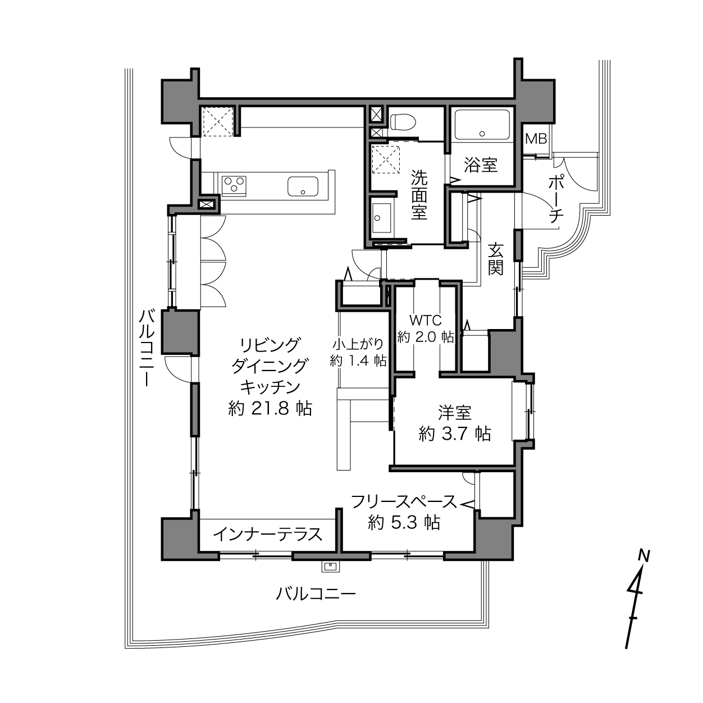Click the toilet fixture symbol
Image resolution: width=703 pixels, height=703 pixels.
pos(403,122)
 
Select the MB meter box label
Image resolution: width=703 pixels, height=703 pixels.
pos(536,139)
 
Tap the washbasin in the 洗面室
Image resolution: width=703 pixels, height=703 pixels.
pos(381,218)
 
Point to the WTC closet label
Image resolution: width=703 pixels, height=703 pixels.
pos(426,320)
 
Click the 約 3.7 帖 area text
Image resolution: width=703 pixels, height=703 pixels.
pos(455,434)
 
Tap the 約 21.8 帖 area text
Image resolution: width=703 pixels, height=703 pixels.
pos(270,408)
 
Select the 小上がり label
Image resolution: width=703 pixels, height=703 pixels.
pos(358,344)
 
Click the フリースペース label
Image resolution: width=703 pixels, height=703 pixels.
pos(404,502)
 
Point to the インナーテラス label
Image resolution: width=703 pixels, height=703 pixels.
pos(268,535)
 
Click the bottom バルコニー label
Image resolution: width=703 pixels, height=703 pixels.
pos(316,594)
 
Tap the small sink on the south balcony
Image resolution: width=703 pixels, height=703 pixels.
pos(331,567)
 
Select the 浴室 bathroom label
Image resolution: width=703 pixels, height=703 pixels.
pos(481,165)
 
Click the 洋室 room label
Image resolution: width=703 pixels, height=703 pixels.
pos(455,412)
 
